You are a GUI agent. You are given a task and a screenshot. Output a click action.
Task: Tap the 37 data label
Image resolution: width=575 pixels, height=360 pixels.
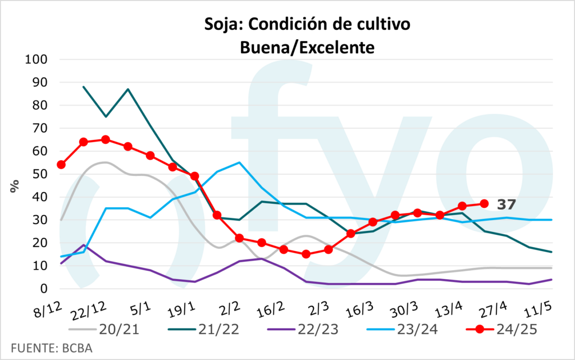(505, 204)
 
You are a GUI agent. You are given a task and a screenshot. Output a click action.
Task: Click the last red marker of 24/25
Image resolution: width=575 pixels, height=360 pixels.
(483, 203)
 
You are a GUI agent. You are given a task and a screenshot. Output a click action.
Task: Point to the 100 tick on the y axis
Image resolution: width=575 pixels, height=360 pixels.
(38, 60)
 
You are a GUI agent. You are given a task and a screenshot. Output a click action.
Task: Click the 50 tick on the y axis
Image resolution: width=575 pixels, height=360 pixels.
(41, 174)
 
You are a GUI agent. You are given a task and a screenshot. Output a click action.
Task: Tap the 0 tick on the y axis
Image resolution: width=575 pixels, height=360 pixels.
(44, 289)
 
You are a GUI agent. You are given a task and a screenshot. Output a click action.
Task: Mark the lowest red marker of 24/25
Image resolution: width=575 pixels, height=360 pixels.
(306, 254)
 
